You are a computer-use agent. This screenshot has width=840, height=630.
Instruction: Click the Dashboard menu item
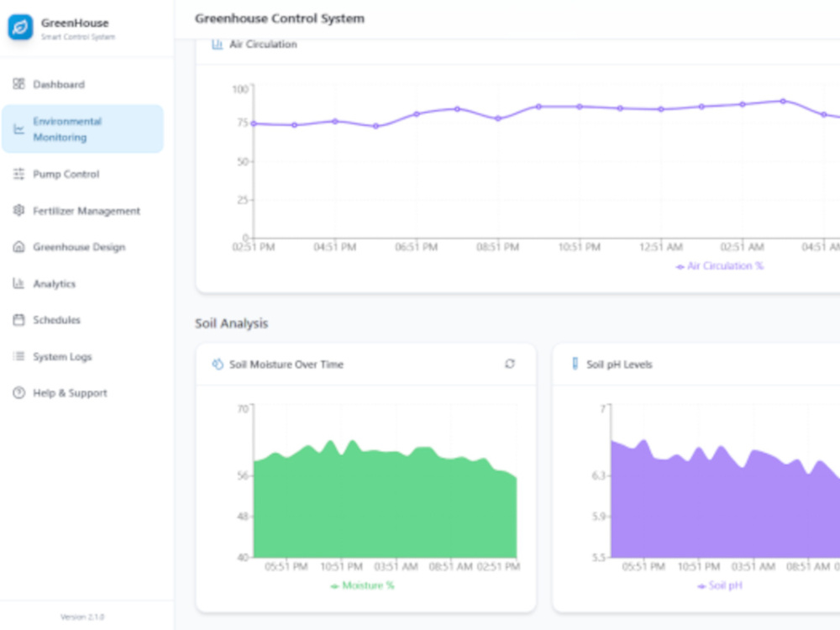click(49, 84)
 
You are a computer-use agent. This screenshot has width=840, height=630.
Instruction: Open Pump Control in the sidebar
click(55, 174)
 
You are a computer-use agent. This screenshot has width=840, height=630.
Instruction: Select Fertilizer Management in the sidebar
click(76, 211)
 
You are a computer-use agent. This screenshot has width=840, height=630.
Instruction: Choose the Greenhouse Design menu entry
click(69, 247)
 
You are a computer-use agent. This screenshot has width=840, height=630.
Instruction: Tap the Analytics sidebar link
click(44, 283)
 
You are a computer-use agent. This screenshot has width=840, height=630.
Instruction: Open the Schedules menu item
click(46, 320)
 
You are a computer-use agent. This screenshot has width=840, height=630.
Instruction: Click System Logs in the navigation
click(52, 356)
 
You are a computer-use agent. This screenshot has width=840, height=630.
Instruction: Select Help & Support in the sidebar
click(60, 392)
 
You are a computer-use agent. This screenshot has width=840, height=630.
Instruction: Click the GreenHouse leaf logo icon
click(20, 28)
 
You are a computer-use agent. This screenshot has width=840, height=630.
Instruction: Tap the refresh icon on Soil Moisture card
click(510, 364)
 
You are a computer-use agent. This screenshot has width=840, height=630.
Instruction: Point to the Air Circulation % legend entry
click(720, 265)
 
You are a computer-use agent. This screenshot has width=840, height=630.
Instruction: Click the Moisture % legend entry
click(362, 585)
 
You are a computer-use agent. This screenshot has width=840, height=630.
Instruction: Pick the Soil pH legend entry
click(720, 585)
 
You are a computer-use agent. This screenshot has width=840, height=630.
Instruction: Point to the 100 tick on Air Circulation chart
click(240, 89)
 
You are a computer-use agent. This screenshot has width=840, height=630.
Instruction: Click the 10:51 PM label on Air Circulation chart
click(579, 247)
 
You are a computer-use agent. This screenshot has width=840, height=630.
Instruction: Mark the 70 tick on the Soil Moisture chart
click(243, 409)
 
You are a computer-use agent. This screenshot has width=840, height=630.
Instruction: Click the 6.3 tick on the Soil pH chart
click(598, 475)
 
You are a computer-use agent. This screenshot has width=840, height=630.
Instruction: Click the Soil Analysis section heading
click(232, 323)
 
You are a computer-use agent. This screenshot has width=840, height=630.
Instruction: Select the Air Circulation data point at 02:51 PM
click(254, 123)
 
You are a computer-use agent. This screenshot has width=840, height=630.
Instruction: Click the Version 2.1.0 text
click(82, 617)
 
